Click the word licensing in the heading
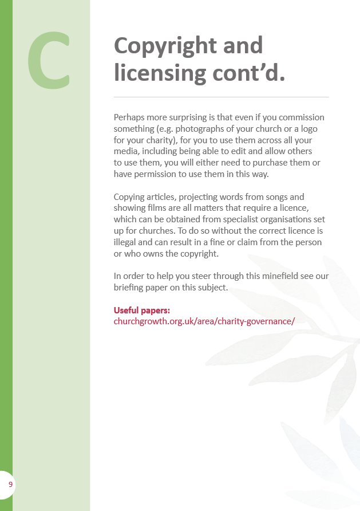(x=160, y=73)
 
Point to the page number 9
(x=10, y=485)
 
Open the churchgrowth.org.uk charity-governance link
(x=204, y=321)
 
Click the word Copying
(x=130, y=197)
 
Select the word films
(x=155, y=208)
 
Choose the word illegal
(x=125, y=242)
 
